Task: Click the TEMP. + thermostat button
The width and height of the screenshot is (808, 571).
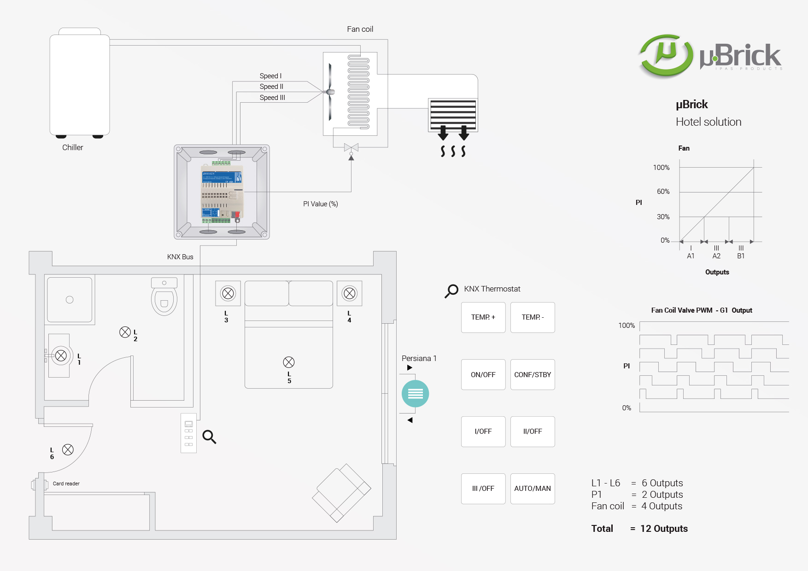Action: (x=483, y=317)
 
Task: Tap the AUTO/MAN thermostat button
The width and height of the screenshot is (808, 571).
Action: (x=533, y=489)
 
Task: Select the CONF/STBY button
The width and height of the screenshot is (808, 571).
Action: (x=533, y=375)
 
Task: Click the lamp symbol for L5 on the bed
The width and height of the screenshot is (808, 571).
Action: (x=289, y=362)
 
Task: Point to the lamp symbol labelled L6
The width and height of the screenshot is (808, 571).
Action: (x=68, y=450)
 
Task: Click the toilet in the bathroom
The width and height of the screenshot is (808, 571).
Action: (x=164, y=297)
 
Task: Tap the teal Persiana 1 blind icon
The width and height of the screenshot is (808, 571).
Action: (x=415, y=394)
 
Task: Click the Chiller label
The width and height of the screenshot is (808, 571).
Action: (x=73, y=147)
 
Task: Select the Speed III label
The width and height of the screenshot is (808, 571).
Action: (x=272, y=98)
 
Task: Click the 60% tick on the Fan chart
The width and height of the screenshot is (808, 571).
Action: (x=663, y=192)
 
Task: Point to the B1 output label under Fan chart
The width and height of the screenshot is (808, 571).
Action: (x=741, y=256)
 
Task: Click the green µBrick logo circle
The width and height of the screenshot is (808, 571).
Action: (x=666, y=55)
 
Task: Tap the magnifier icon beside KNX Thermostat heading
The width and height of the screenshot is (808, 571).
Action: (x=451, y=291)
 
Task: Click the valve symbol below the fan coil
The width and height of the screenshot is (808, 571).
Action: (x=351, y=147)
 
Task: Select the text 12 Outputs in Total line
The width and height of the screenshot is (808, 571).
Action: (x=664, y=529)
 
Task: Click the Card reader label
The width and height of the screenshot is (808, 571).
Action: (x=66, y=484)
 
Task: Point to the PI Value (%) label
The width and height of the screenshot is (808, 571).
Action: (x=321, y=204)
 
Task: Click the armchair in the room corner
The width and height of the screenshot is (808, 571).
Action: (x=341, y=493)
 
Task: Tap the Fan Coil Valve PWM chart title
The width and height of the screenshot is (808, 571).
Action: (x=701, y=310)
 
